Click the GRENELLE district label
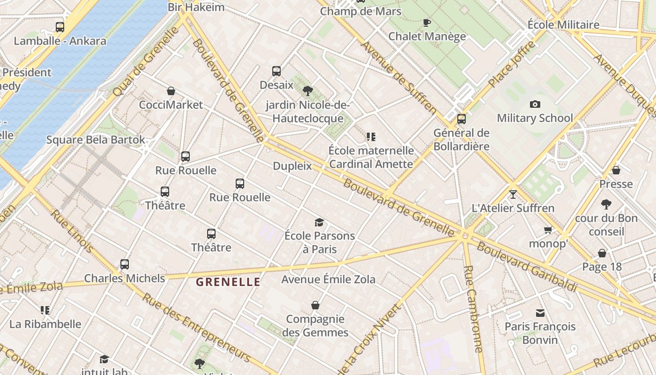tap(228, 282)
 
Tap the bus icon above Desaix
tap(276, 71)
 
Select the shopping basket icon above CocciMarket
tap(171, 91)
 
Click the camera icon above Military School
tap(535, 104)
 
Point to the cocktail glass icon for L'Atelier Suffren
tap(513, 194)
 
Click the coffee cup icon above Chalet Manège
tap(426, 22)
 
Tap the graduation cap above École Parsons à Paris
tap(319, 222)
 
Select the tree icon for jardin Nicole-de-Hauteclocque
tap(308, 91)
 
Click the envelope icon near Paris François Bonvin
tap(540, 313)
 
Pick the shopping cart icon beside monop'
tap(548, 230)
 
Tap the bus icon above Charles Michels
tap(124, 264)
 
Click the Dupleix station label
tap(292, 166)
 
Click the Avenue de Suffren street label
tap(398, 77)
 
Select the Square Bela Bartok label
tap(96, 140)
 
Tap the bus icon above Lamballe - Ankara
tap(60, 27)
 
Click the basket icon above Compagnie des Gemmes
tap(315, 306)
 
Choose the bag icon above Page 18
tap(602, 254)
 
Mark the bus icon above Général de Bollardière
tap(462, 119)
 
